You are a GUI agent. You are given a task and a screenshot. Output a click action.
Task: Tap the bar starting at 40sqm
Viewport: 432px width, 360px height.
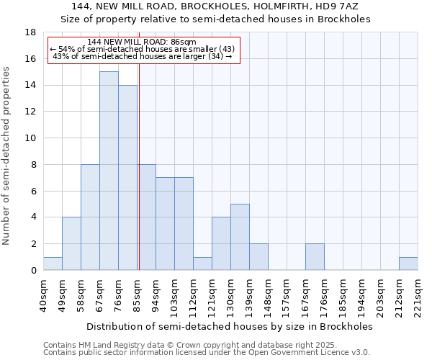(x=53, y=264)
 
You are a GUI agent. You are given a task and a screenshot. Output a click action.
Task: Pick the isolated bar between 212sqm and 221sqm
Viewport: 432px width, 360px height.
(x=408, y=264)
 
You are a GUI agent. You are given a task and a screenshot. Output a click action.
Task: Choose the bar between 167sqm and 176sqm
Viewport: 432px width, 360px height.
(x=315, y=257)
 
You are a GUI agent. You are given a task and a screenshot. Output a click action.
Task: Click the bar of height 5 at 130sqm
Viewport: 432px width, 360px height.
(x=240, y=237)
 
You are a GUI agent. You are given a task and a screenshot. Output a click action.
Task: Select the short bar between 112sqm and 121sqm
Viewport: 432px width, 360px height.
(x=202, y=264)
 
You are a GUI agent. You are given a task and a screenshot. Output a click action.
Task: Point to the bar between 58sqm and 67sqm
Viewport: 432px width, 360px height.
(x=90, y=217)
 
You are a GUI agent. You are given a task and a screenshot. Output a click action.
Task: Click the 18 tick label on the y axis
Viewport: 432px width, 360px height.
(x=30, y=32)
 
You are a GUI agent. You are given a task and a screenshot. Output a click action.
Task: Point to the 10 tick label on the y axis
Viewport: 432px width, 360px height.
(x=30, y=138)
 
